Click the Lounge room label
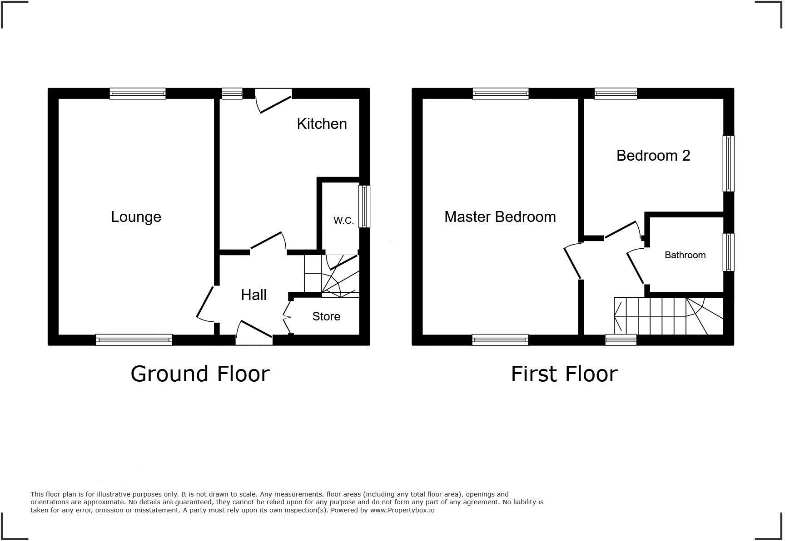(136, 217)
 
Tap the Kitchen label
(322, 124)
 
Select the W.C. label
(343, 221)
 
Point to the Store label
(326, 316)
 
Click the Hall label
(253, 295)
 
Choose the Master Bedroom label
(500, 217)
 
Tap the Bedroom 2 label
(653, 156)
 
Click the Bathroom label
(685, 255)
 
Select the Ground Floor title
(200, 374)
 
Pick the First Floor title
(564, 374)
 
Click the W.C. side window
(364, 206)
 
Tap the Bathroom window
(728, 252)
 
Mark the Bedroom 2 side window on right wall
(728, 163)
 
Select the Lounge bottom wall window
(134, 339)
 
